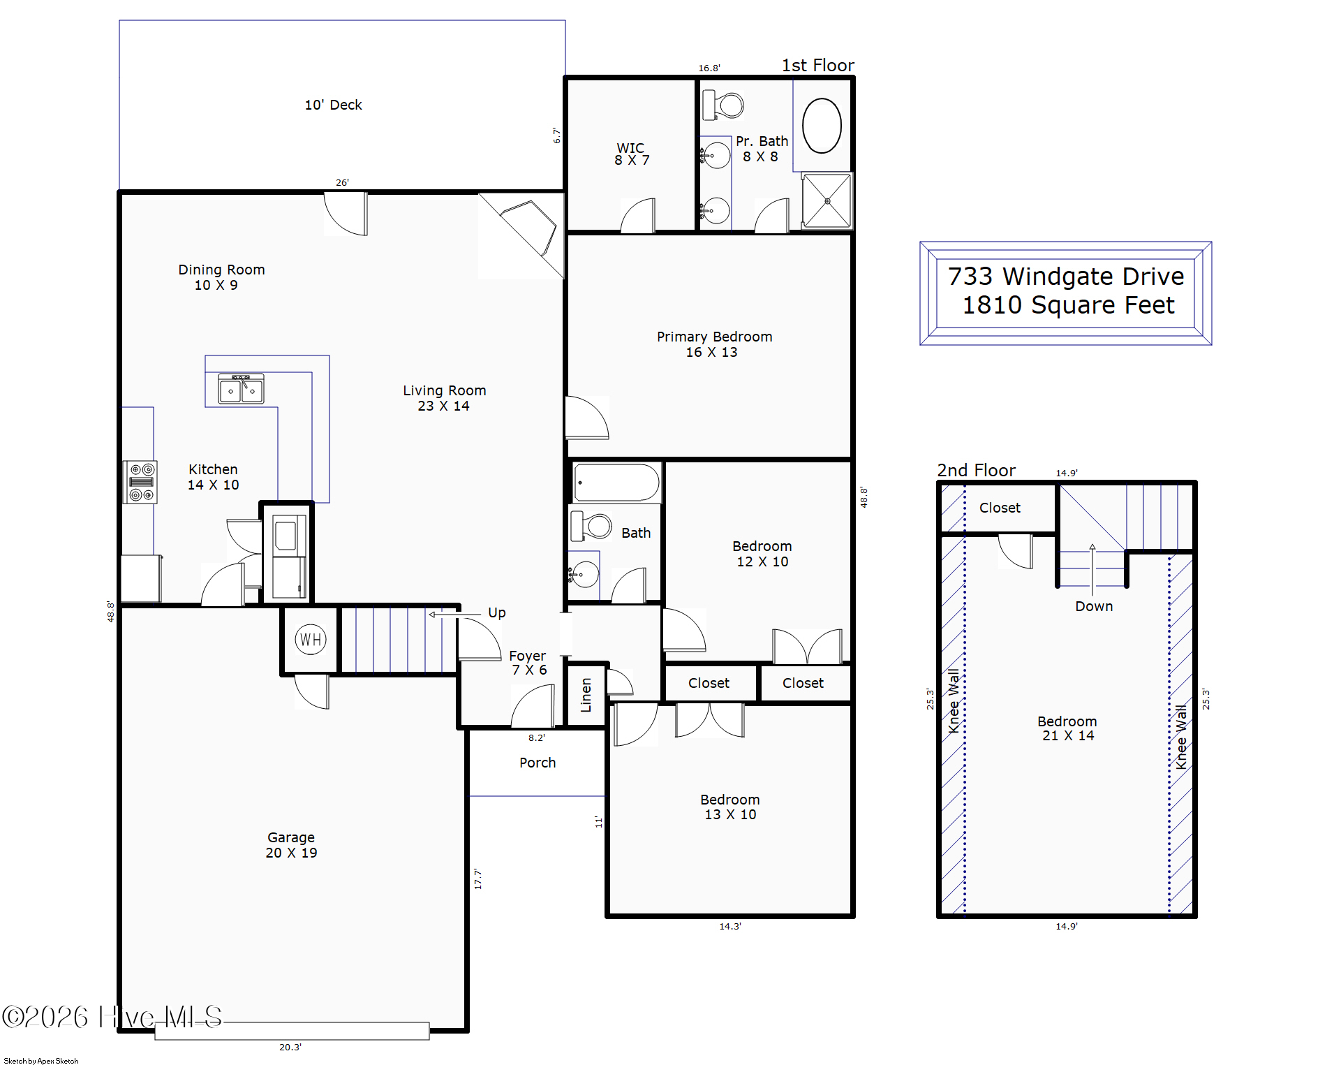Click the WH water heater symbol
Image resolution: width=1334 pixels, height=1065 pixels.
click(x=311, y=639)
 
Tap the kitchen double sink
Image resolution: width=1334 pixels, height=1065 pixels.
click(x=241, y=389)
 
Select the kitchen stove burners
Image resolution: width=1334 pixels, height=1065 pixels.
click(x=141, y=482)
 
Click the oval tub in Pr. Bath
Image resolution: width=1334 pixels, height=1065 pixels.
click(x=822, y=126)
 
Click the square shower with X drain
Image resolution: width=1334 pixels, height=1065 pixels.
click(x=827, y=201)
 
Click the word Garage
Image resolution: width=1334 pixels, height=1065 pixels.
click(x=291, y=837)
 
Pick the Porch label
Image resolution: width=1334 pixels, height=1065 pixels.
click(x=538, y=763)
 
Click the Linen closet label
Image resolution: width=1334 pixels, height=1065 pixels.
click(x=586, y=695)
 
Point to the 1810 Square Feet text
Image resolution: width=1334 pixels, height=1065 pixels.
click(x=1068, y=305)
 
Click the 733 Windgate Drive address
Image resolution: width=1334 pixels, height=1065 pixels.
click(x=1066, y=277)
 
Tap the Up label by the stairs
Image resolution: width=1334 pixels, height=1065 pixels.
click(x=497, y=613)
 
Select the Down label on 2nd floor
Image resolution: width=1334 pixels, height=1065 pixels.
click(x=1094, y=606)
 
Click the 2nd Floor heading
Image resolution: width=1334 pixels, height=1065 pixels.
click(x=976, y=471)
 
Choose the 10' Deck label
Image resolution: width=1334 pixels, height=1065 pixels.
click(x=333, y=105)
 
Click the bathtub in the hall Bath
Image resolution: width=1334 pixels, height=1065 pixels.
click(x=617, y=482)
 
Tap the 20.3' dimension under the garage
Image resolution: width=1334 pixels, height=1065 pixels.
click(x=290, y=1047)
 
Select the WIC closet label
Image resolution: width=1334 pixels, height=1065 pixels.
click(x=630, y=148)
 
